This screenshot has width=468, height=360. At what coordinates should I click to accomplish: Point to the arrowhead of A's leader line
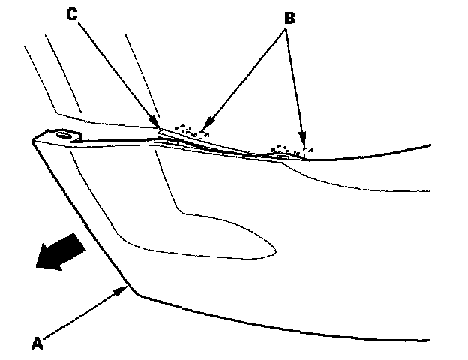pos(125,288)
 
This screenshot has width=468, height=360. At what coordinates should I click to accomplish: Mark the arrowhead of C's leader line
pos(157,124)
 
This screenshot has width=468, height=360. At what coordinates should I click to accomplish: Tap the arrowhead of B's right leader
pos(304,142)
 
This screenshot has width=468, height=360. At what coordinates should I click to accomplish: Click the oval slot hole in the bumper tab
pos(63,135)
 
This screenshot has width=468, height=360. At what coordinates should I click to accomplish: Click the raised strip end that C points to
pos(162,132)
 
